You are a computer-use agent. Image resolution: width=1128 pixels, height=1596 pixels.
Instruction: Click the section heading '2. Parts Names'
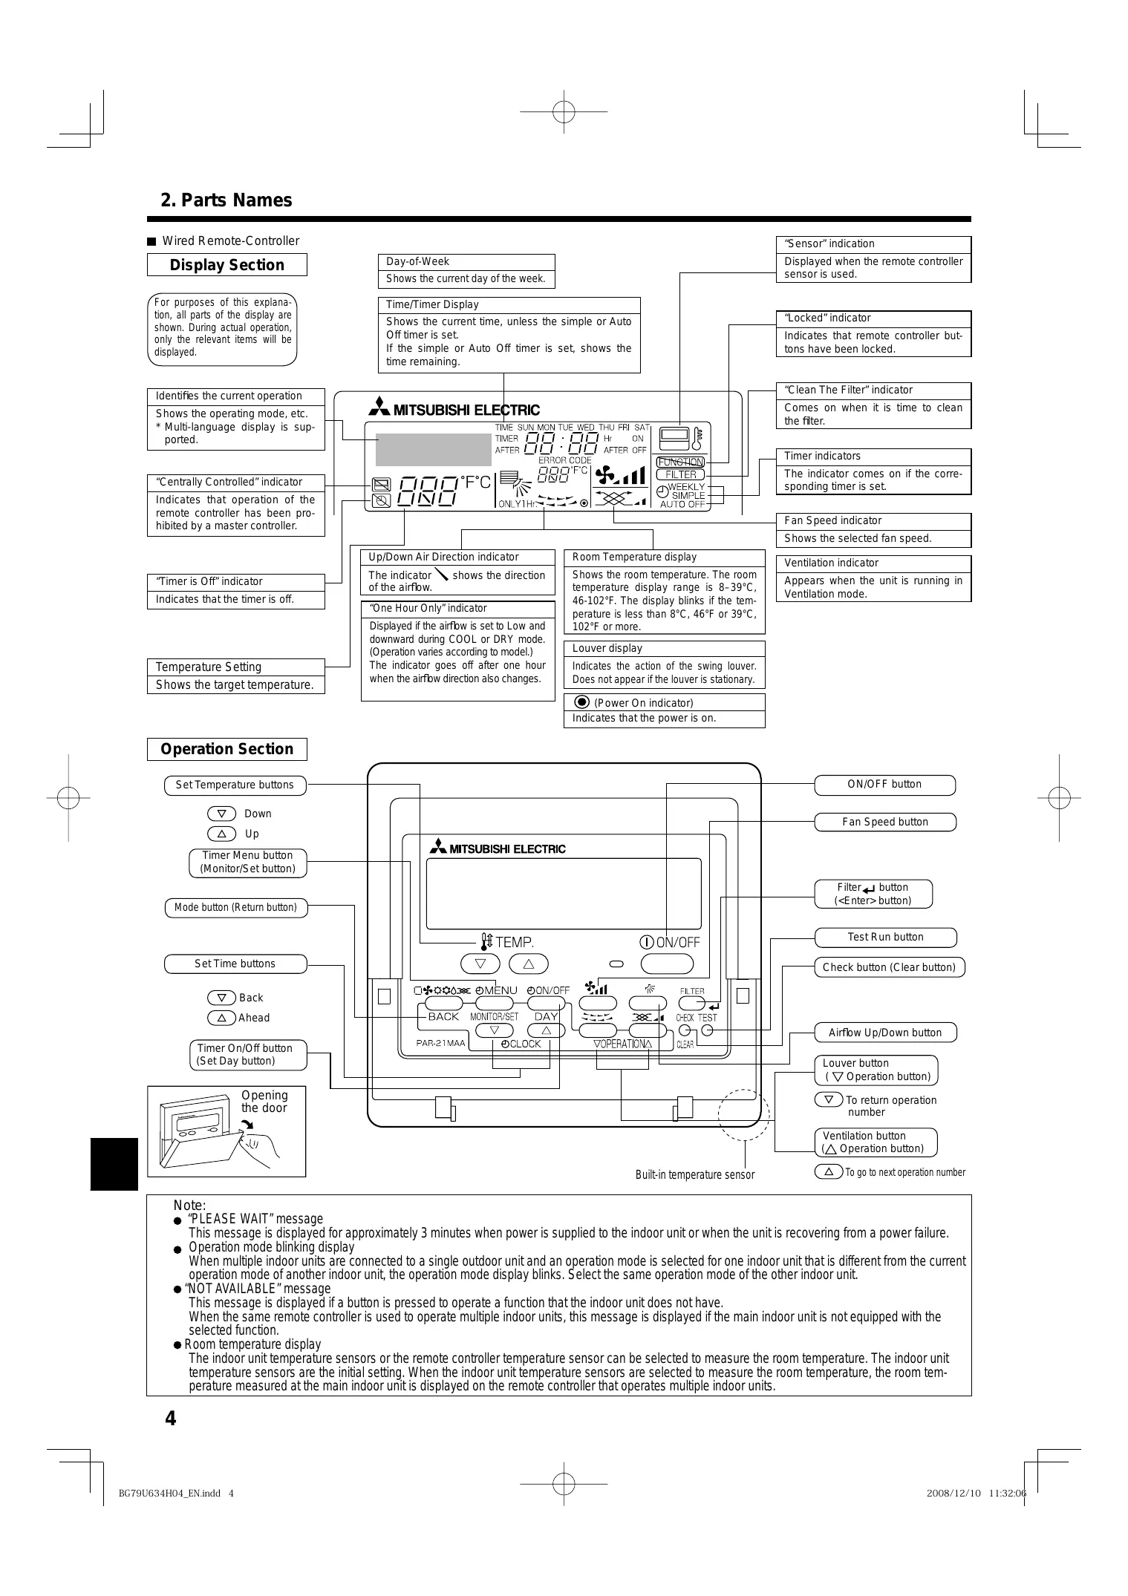[226, 200]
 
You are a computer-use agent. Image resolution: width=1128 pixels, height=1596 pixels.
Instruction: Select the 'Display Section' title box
[226, 265]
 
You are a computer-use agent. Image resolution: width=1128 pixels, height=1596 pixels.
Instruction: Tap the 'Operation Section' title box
[226, 749]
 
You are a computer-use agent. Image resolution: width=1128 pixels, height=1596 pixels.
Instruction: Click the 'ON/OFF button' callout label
[884, 785]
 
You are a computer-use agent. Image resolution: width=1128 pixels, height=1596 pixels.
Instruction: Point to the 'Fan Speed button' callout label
[884, 822]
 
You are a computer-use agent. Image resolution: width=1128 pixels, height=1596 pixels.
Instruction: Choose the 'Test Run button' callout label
[885, 937]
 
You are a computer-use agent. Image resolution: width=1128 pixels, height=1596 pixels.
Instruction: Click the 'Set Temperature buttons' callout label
[235, 785]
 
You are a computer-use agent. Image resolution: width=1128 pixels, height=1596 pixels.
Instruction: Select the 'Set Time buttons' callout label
[235, 964]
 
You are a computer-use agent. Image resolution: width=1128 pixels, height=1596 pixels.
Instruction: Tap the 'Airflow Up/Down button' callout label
[884, 1033]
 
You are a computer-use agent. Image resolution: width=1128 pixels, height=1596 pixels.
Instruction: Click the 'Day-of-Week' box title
[417, 261]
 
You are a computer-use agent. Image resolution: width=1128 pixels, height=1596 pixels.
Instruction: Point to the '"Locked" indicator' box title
[827, 318]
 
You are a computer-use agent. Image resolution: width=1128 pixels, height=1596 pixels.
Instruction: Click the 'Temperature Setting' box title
[209, 667]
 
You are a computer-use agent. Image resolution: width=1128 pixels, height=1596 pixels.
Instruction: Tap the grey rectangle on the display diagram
[433, 448]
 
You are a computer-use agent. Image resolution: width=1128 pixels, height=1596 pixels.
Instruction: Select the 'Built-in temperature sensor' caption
[694, 1174]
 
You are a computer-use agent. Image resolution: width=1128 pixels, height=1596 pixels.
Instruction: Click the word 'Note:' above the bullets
[189, 1206]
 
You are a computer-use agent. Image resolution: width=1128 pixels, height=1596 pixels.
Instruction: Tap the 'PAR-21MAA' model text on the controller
[440, 1043]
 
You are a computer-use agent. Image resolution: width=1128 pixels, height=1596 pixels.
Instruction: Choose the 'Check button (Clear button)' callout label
[889, 967]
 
